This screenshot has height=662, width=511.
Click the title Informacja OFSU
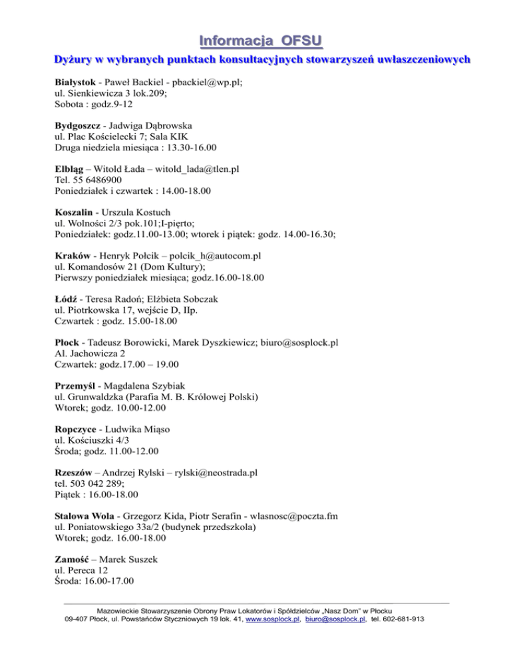pyautogui.click(x=255, y=39)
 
